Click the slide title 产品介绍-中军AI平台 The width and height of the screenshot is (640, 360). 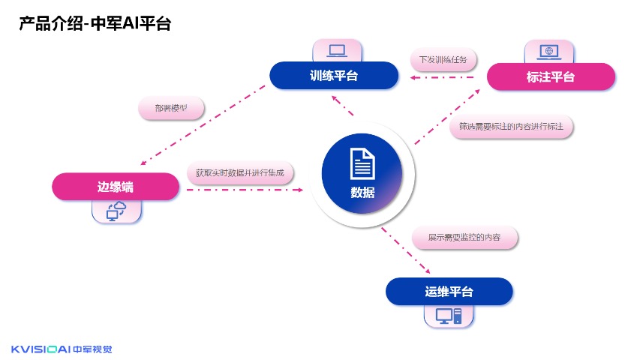click(x=95, y=24)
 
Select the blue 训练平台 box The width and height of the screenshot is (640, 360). click(x=334, y=75)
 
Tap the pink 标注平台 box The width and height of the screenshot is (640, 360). click(x=551, y=76)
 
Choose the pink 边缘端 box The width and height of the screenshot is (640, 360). click(x=116, y=186)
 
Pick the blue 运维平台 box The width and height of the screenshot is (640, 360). click(x=449, y=291)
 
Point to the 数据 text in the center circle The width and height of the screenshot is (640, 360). click(x=362, y=192)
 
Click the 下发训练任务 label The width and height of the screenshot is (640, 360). click(x=443, y=59)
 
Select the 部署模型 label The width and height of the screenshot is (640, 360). click(x=171, y=108)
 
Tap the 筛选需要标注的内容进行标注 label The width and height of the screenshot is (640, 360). click(x=511, y=127)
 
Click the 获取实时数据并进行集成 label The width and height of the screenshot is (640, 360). click(x=240, y=173)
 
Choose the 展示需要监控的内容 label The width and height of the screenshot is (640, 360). click(x=465, y=238)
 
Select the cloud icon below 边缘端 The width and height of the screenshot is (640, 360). click(x=117, y=211)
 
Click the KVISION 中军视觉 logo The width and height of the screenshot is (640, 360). click(x=62, y=348)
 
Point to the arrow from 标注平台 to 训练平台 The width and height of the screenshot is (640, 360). click(x=443, y=76)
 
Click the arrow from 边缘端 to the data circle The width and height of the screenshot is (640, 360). click(x=244, y=190)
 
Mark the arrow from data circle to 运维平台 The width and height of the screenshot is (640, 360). click(x=405, y=250)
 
